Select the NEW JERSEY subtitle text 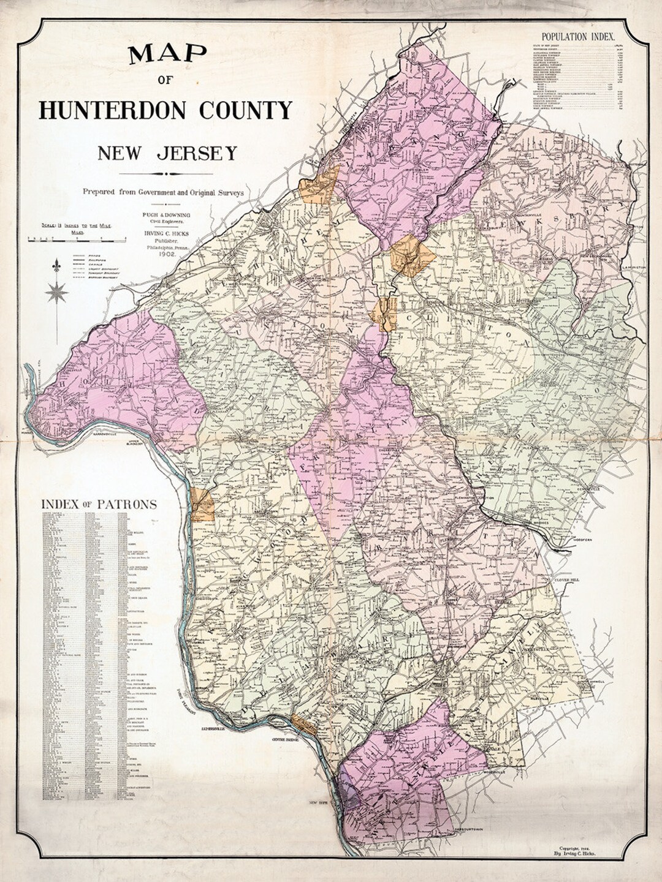[167, 153]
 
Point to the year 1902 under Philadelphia [167, 253]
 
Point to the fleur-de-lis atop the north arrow [57, 266]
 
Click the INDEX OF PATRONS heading [99, 504]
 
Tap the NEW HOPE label [319, 802]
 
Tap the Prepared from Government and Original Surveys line [164, 192]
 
